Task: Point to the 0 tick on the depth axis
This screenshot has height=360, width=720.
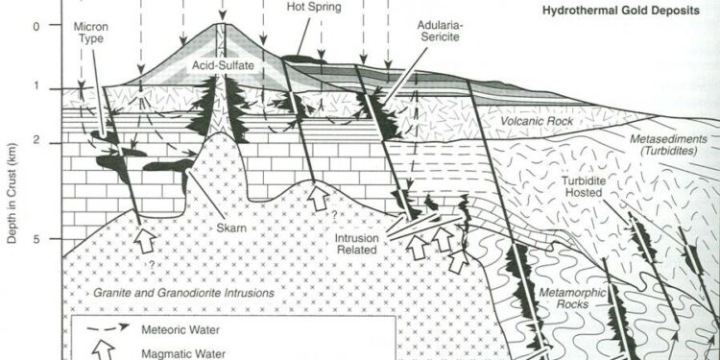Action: pyautogui.click(x=36, y=25)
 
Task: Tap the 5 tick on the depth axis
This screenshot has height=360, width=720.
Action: pyautogui.click(x=36, y=239)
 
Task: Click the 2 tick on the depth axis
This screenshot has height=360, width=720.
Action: pyautogui.click(x=36, y=141)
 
